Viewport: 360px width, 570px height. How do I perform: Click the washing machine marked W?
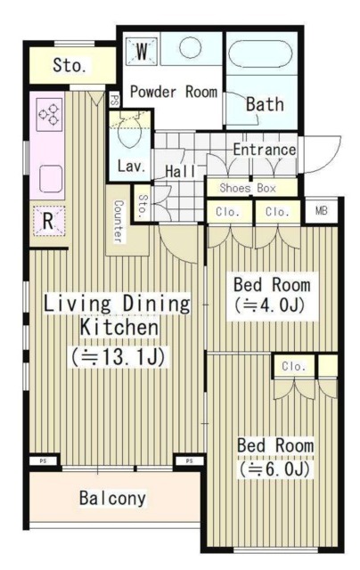tap(143, 51)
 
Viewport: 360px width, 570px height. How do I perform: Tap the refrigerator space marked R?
tap(49, 221)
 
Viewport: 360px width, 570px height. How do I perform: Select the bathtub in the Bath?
tap(260, 53)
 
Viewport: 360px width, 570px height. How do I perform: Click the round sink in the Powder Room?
tap(191, 48)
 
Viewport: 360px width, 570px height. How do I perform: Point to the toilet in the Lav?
tap(130, 131)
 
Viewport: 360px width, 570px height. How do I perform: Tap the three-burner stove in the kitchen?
tap(49, 114)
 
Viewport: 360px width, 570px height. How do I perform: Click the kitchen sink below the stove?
tap(51, 178)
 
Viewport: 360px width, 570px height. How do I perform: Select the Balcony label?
tap(113, 498)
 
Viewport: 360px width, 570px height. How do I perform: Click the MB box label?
tap(321, 210)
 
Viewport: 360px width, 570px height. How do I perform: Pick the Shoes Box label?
tap(248, 188)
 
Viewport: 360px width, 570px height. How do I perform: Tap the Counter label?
tap(119, 221)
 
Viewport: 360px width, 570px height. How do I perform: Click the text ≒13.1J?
tap(119, 356)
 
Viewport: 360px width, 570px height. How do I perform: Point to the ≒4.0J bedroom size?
tap(269, 305)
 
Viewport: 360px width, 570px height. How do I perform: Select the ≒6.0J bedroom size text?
tap(274, 469)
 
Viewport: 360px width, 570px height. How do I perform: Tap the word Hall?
tap(180, 171)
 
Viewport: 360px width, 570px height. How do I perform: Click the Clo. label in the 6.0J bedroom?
tap(293, 366)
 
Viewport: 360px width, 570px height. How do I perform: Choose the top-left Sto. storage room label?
tap(70, 65)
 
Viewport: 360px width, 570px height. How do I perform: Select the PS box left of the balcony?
tap(44, 461)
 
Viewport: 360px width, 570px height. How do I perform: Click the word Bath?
tap(265, 104)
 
